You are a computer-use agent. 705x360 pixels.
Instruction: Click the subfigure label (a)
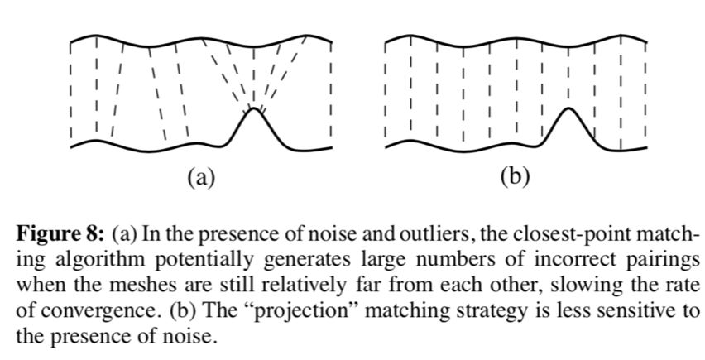pyautogui.click(x=200, y=176)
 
